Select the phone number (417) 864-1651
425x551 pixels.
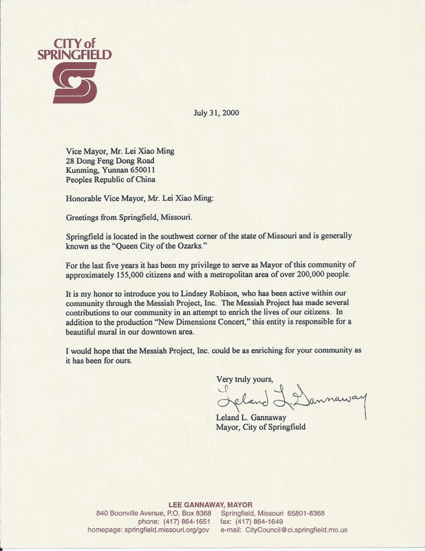[180, 522]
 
